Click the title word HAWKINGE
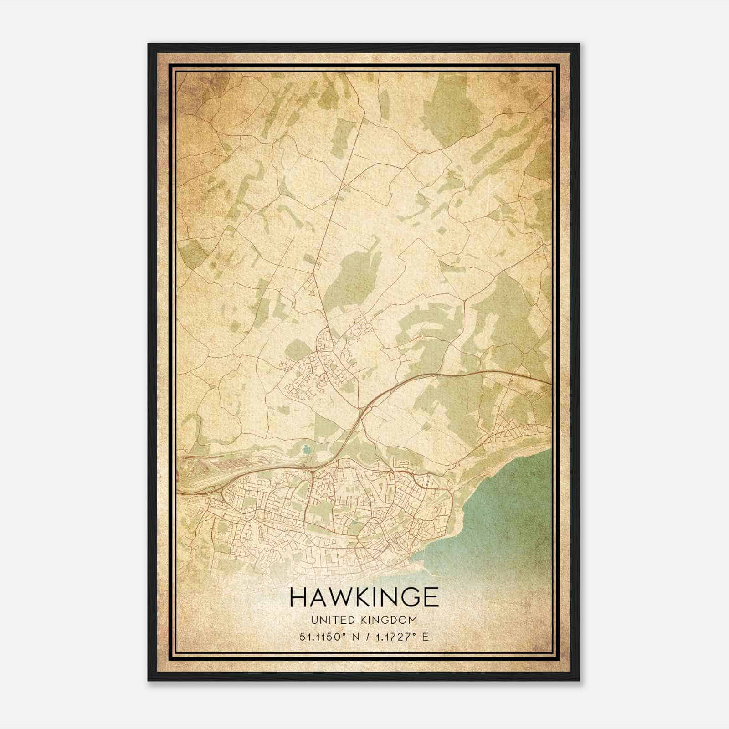(364, 597)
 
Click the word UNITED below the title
(331, 620)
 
